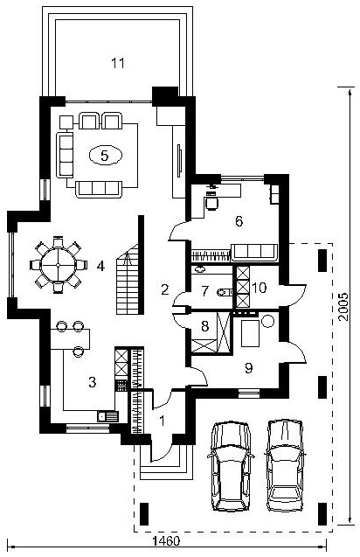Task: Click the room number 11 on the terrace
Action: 118,63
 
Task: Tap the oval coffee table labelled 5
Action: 105,156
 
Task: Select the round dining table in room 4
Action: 58,265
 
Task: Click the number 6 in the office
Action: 239,221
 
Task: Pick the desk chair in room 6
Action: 211,203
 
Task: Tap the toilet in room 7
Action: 224,292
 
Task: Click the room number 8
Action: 204,326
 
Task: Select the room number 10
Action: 260,288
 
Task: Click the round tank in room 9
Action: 267,322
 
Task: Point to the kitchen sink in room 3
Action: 107,415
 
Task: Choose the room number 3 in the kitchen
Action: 93,382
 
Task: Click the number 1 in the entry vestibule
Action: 163,421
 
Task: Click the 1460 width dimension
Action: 167,541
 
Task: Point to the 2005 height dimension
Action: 343,307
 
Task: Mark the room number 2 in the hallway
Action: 165,289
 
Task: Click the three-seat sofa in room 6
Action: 254,253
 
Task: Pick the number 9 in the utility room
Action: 248,368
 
